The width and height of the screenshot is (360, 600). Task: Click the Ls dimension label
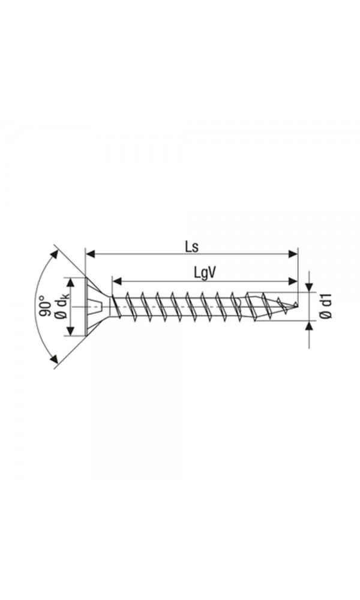pyautogui.click(x=191, y=246)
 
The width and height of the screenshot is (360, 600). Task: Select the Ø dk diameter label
pyautogui.click(x=62, y=307)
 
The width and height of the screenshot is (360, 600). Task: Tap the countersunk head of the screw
pyautogui.click(x=96, y=307)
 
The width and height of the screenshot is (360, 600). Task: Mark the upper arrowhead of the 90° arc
pyautogui.click(x=56, y=253)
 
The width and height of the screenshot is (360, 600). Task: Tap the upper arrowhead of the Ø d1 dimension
pyautogui.click(x=309, y=287)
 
